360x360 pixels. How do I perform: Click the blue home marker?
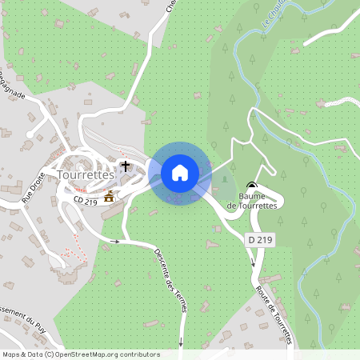point(180,172)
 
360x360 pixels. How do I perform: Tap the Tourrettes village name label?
point(87,173)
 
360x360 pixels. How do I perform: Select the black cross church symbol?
point(125,167)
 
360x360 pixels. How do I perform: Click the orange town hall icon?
point(109,196)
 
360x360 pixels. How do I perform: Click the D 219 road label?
point(258,240)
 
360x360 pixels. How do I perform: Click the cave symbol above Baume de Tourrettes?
point(252,184)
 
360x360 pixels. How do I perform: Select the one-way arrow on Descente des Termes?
point(117,241)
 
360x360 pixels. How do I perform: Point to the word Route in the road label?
point(264,281)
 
